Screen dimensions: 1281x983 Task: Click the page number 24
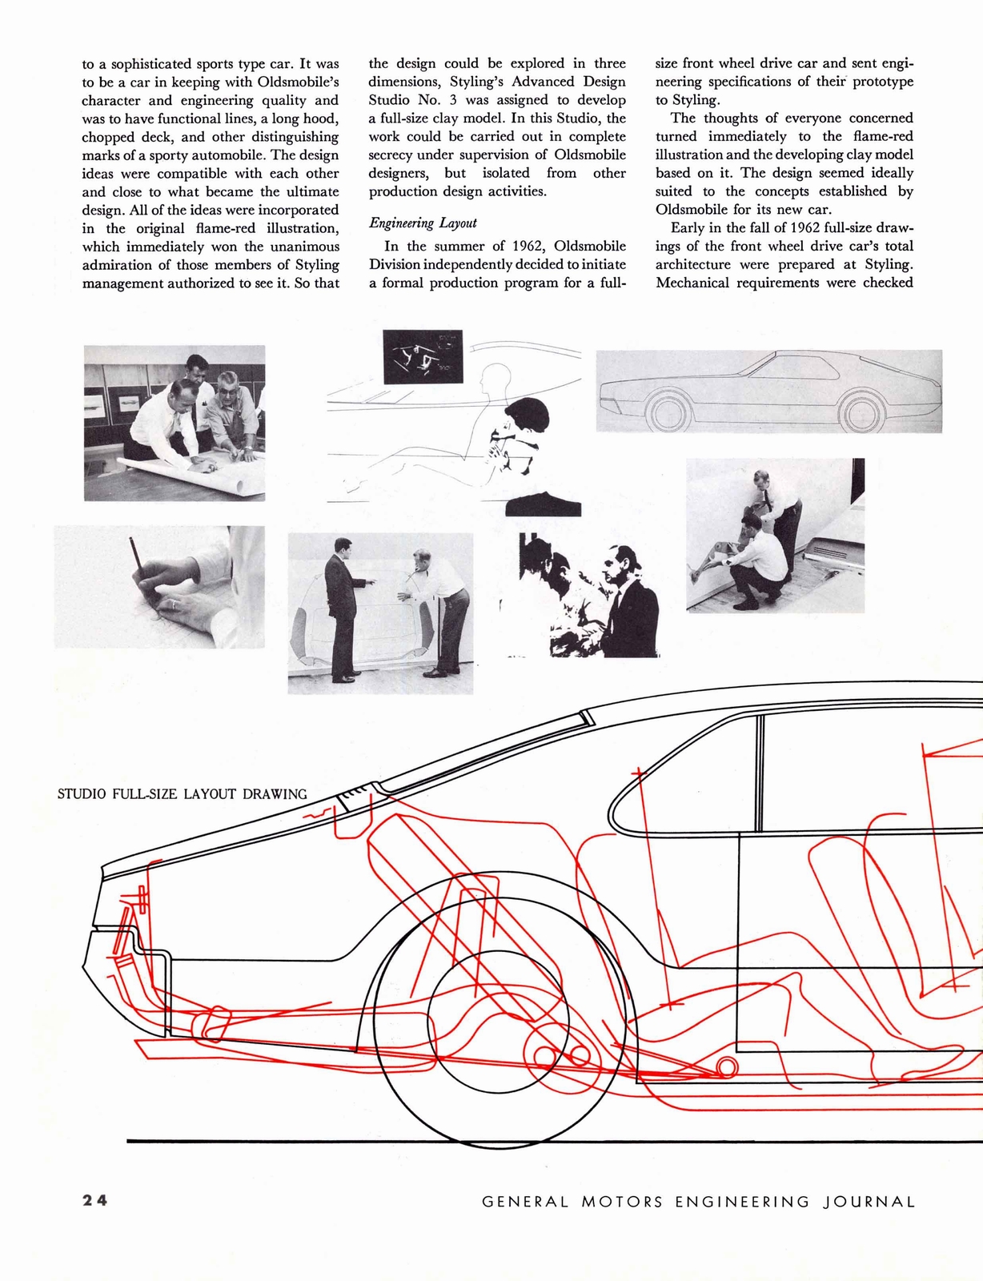94,1200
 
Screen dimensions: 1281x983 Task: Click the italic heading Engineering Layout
423,223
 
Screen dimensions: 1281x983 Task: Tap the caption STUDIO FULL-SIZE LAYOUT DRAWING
183,794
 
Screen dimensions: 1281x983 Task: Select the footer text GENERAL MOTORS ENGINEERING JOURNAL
698,1202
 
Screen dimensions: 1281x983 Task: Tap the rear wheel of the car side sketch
861,412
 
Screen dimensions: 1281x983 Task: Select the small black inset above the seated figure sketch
423,357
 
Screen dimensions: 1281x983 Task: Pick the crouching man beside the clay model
756,560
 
